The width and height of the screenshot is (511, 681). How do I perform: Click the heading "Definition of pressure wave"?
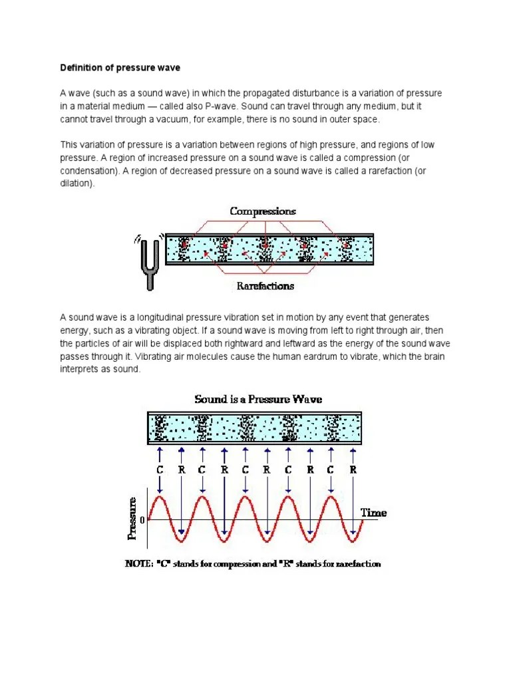pos(120,67)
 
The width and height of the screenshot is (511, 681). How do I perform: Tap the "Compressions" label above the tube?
pos(263,211)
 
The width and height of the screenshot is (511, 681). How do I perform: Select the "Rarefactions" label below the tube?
pos(265,286)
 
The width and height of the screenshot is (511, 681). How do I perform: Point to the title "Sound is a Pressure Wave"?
pos(258,399)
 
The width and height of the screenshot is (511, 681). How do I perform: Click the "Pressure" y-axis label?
pos(132,517)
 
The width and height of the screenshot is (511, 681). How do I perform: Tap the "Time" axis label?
pos(373,513)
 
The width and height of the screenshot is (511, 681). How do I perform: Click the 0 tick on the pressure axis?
pos(142,519)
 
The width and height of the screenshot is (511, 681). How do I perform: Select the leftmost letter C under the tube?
pos(160,470)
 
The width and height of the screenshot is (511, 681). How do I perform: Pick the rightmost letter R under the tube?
pos(353,470)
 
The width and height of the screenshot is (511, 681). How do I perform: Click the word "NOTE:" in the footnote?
pos(140,564)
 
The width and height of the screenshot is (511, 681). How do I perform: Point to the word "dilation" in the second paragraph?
pos(77,184)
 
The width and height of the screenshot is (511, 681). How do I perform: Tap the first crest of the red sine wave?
pos(160,496)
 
